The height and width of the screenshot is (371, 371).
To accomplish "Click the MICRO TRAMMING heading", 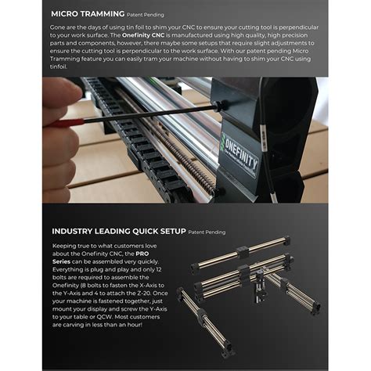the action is [x=88, y=14].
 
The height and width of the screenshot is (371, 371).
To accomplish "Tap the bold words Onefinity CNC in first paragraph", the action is [x=143, y=35].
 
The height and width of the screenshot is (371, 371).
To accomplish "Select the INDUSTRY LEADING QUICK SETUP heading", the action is [x=119, y=232].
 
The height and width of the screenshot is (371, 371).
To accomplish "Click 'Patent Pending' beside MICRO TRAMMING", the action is [x=146, y=15].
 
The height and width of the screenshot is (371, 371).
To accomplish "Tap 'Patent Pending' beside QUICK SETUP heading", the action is [x=207, y=232].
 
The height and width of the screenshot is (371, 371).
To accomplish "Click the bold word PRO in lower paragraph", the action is [x=142, y=254].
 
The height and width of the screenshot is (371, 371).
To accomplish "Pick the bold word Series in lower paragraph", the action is [x=61, y=261].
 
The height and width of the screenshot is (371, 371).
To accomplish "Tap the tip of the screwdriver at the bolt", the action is [x=218, y=106].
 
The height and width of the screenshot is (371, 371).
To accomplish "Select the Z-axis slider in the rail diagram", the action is [x=261, y=288].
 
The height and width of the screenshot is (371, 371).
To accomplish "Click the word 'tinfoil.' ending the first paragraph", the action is [x=59, y=67].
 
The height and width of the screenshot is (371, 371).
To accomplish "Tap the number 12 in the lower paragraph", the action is [x=158, y=269].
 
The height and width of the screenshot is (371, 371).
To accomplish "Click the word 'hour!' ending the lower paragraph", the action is [x=135, y=325].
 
